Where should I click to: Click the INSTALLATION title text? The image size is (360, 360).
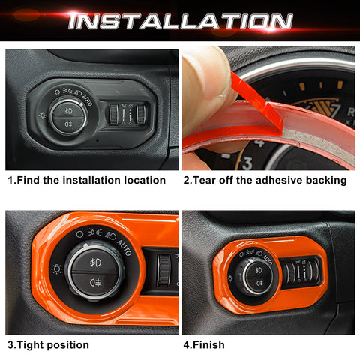[179, 20]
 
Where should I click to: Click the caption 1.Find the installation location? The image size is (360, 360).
[86, 180]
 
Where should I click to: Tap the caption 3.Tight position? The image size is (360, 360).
[48, 345]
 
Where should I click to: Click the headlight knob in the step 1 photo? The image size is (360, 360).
[67, 117]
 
